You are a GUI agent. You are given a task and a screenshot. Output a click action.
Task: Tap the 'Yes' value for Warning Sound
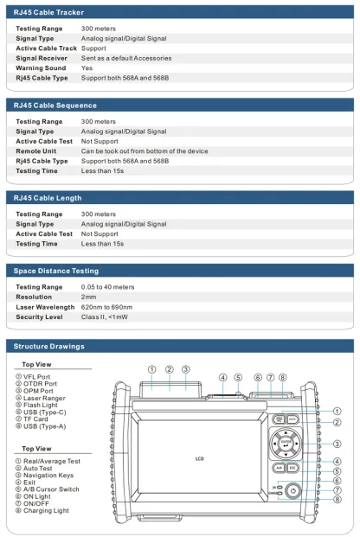click(x=87, y=67)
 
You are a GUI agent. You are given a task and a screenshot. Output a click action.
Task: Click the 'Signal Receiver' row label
click(x=43, y=58)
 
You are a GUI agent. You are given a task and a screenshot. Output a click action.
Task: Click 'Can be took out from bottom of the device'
click(x=145, y=151)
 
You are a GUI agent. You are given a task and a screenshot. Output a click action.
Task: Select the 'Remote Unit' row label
click(x=37, y=151)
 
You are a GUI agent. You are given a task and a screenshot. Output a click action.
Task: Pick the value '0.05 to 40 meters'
click(x=108, y=287)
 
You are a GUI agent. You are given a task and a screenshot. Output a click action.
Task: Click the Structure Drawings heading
click(x=49, y=346)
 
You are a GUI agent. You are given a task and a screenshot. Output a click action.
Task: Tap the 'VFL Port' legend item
click(x=37, y=377)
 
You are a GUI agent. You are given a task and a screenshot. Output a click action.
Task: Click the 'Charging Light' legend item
click(x=45, y=510)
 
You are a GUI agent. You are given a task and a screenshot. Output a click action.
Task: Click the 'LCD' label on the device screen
click(x=200, y=458)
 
